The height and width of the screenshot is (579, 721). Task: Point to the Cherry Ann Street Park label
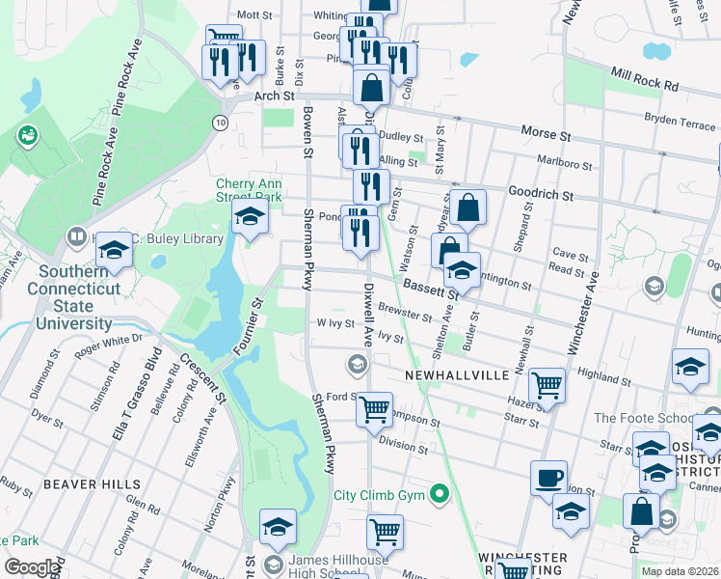pos(249,189)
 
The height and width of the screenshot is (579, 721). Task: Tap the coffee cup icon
pos(549,477)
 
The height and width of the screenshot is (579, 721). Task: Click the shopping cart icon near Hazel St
pos(547,385)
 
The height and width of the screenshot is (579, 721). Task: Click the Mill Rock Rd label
pos(643,78)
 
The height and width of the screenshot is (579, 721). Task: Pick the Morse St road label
pos(547,131)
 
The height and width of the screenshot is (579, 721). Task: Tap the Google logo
pos(32,567)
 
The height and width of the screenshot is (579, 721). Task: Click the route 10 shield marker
pos(221,123)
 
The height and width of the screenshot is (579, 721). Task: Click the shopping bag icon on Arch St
pos(371,88)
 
